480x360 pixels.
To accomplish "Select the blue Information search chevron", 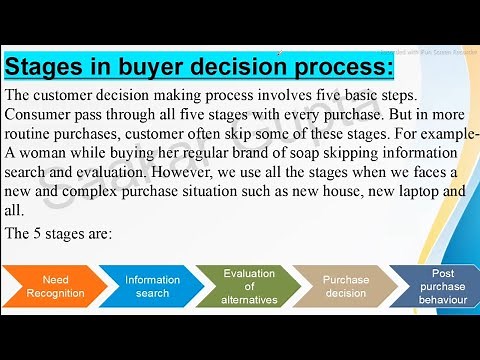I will pyautogui.click(x=151, y=286).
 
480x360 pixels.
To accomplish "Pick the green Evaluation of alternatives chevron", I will pyautogui.click(x=248, y=286).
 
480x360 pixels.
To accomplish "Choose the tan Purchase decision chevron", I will pyautogui.click(x=344, y=286).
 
